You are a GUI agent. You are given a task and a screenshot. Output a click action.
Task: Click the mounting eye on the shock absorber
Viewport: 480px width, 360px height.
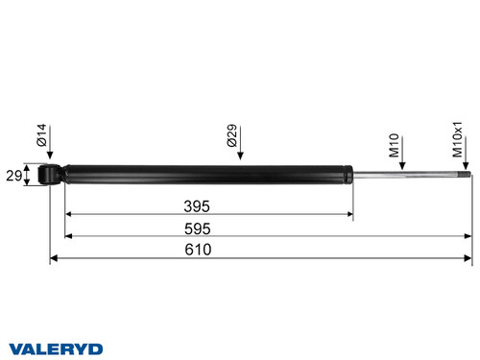pyautogui.click(x=53, y=175)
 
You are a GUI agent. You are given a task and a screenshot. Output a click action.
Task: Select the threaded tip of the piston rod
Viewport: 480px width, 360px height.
pyautogui.click(x=464, y=175)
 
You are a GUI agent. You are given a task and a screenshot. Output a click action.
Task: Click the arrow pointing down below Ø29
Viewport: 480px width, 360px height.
pyautogui.click(x=240, y=155)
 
